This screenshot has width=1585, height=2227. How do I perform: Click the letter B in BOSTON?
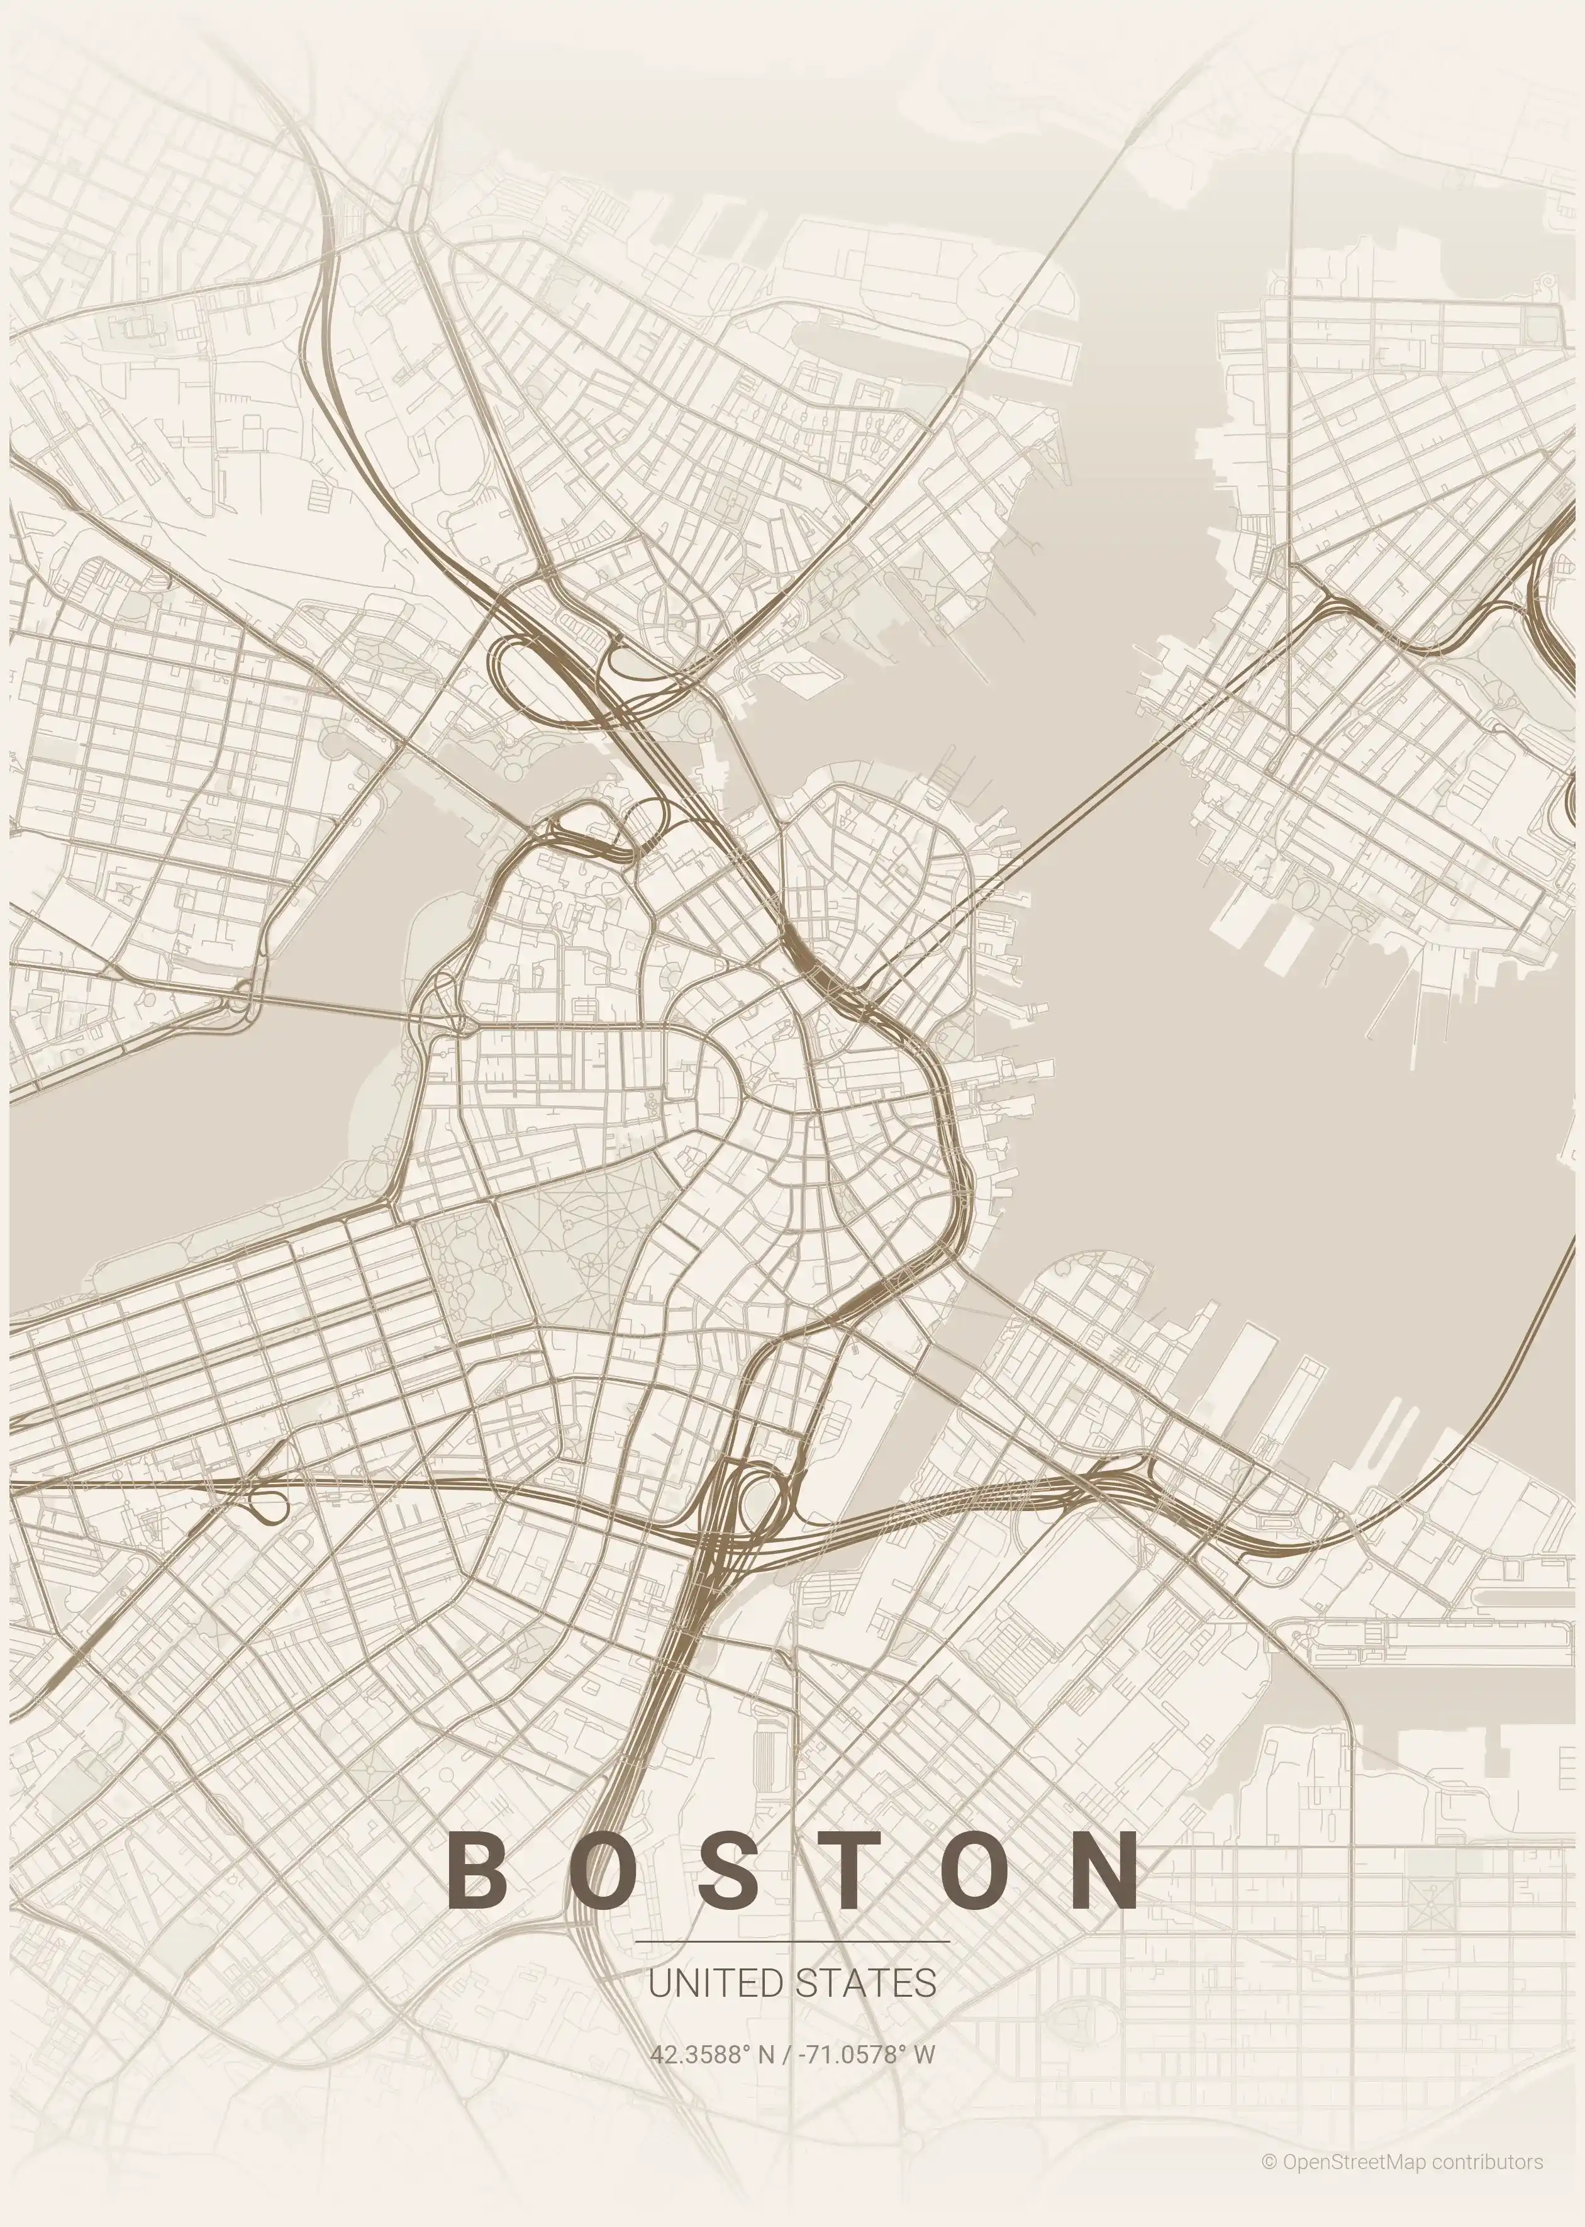pyautogui.click(x=480, y=1871)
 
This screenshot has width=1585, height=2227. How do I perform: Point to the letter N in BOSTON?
pyautogui.click(x=1104, y=1871)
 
